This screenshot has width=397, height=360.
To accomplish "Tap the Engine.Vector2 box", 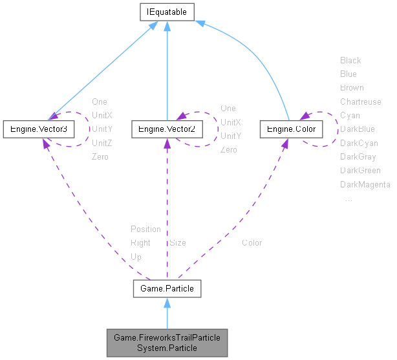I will (x=167, y=129).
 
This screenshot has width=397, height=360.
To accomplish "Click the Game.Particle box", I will (x=167, y=288).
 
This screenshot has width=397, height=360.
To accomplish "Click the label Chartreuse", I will (x=360, y=101).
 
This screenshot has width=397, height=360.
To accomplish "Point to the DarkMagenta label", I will (x=365, y=185).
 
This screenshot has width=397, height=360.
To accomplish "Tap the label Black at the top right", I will (x=350, y=60).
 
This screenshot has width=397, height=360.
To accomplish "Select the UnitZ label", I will (x=102, y=143).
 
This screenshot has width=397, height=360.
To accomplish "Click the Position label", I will (x=145, y=229).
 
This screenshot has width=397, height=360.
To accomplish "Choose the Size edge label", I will (x=178, y=243).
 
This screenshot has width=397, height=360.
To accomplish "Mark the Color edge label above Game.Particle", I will (x=252, y=243).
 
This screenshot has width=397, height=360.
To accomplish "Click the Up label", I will (x=136, y=257).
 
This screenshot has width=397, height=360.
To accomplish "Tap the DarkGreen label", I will (x=360, y=171).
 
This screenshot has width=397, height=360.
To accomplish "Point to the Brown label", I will (x=352, y=87).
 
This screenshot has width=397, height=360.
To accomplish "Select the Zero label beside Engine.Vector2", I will (x=228, y=150).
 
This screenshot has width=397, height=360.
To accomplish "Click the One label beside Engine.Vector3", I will (x=100, y=101).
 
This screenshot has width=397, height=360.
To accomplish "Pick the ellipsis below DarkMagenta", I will (x=349, y=199).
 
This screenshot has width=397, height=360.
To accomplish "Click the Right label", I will (x=140, y=243).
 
